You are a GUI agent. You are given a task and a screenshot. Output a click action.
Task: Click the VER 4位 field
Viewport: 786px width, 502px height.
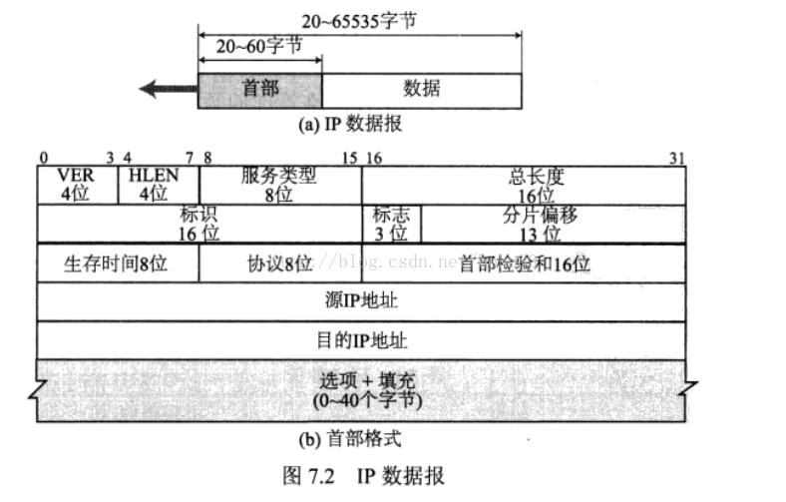coord(77,185)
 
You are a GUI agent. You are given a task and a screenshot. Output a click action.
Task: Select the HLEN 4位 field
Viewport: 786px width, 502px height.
coord(159,185)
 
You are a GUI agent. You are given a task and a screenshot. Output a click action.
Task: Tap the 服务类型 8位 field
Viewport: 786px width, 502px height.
coord(279,185)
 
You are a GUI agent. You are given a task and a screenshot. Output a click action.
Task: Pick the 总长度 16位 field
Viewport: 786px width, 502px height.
coord(523,185)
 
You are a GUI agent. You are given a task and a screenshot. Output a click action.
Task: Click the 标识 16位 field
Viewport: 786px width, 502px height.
coord(198,224)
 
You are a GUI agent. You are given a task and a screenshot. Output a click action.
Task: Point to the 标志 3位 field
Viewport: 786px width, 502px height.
coord(390,224)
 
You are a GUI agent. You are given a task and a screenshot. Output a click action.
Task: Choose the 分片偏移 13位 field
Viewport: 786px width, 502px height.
coord(553,224)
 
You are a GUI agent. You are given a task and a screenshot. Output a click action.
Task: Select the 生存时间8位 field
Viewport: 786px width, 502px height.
coord(117,263)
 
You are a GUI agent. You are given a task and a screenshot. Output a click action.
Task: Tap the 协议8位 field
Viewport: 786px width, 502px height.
coord(279,263)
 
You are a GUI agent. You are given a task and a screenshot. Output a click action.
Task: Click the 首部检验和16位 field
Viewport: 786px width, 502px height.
coord(523,263)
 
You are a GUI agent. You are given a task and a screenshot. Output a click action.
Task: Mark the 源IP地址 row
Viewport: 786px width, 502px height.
coord(361,301)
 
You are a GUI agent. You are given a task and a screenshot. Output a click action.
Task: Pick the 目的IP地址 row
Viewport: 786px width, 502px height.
coord(361,339)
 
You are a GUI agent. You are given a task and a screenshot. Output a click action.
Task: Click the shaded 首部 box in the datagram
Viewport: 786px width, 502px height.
coord(260,89)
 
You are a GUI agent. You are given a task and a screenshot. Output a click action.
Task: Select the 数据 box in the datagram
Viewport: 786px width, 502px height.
coord(421,89)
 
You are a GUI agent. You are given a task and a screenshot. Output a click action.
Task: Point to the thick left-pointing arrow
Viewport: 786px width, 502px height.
coord(168,89)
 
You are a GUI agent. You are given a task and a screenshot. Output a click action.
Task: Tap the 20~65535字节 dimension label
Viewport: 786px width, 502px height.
coord(359,20)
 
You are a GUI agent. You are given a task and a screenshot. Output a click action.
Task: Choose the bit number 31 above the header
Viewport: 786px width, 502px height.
coord(678,157)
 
